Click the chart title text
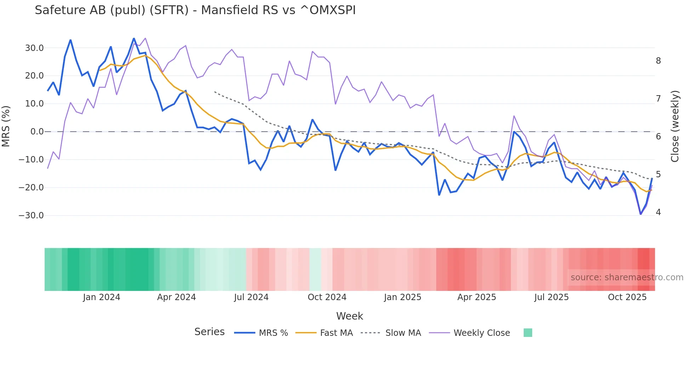195,10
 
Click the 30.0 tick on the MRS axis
34,48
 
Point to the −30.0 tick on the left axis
31,216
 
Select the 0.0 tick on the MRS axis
37,132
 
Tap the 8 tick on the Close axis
658,61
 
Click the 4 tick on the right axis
658,212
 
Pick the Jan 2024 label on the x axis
102,297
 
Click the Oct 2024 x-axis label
327,297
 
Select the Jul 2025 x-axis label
551,297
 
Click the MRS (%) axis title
6,126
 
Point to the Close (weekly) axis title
675,126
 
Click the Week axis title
349,316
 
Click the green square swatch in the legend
528,333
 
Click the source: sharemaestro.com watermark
627,277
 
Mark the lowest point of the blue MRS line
641,214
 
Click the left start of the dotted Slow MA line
215,92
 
